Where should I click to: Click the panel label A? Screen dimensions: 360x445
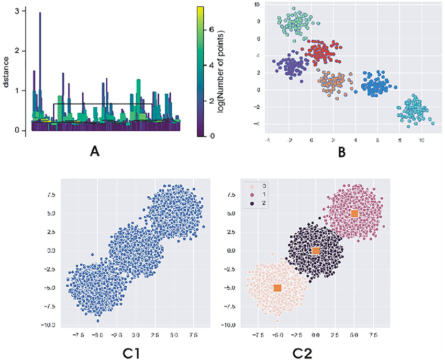95,152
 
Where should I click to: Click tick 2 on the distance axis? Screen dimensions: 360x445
19,51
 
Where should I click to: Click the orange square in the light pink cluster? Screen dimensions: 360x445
277,288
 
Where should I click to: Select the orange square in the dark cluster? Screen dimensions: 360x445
316,251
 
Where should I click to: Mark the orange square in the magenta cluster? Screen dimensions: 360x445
354,213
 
